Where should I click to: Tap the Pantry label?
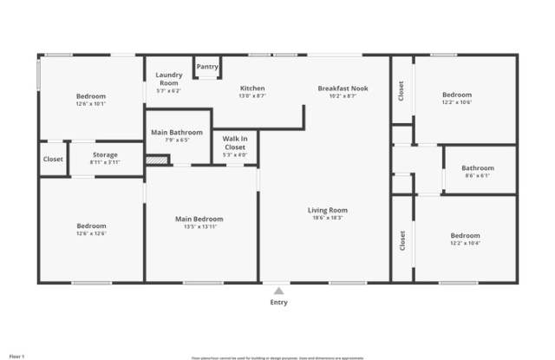pyautogui.click(x=206, y=67)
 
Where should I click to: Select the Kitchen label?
pyautogui.click(x=252, y=88)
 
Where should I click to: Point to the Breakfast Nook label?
pyautogui.click(x=336, y=88)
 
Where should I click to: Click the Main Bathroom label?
pyautogui.click(x=176, y=132)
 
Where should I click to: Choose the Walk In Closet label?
pyautogui.click(x=235, y=143)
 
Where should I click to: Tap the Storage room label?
pyautogui.click(x=105, y=154)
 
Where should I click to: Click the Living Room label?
pyautogui.click(x=328, y=210)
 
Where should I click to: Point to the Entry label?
pyautogui.click(x=278, y=303)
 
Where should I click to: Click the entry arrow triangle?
pyautogui.click(x=278, y=291)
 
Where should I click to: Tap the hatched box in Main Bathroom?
pyautogui.click(x=156, y=160)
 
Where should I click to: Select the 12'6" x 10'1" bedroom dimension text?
pyautogui.click(x=90, y=103)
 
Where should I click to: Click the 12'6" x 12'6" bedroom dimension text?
pyautogui.click(x=90, y=233)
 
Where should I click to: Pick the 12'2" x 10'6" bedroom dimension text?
pyautogui.click(x=457, y=102)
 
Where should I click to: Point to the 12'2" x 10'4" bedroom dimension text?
pyautogui.click(x=464, y=243)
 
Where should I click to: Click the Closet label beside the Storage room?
pyautogui.click(x=53, y=159)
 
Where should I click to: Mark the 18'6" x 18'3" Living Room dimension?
pyautogui.click(x=328, y=218)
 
